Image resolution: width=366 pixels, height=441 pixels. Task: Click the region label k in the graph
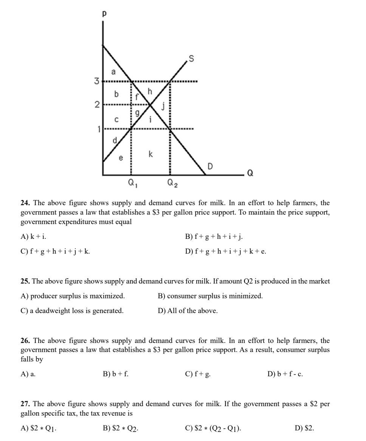150,154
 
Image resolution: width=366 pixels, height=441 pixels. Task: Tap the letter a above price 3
113,71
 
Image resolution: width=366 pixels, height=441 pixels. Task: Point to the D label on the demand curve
210,166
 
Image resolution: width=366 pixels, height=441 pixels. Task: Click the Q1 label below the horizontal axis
133,184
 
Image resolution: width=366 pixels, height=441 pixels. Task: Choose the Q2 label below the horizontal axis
173,184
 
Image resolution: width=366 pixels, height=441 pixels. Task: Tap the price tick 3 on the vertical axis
97,81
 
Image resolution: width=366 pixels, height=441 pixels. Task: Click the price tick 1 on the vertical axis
99,129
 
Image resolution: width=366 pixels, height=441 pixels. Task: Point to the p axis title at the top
104,13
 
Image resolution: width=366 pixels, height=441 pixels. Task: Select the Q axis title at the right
250,173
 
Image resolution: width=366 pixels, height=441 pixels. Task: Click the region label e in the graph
121,158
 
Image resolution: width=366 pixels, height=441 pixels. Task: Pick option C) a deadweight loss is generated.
72,311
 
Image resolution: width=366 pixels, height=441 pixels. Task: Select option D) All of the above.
188,311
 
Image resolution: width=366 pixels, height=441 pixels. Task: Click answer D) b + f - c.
285,374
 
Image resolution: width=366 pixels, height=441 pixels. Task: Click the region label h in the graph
150,91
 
